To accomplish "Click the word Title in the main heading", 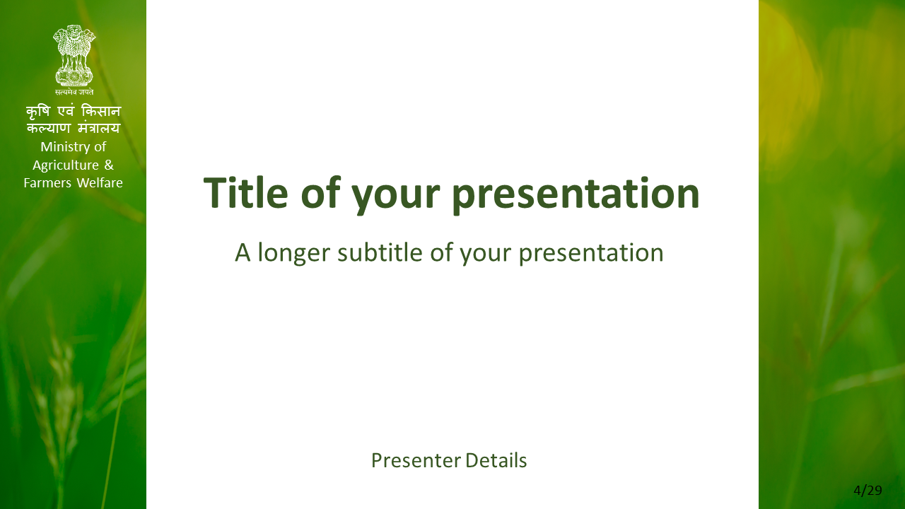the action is (245, 193).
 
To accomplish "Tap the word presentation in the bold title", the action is (576, 196).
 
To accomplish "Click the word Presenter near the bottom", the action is (416, 461).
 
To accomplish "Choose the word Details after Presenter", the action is (496, 460).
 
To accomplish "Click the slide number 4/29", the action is (868, 491).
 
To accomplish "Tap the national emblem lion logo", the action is (74, 55).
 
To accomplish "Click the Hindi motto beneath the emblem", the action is (74, 92).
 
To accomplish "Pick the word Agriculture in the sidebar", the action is (66, 165).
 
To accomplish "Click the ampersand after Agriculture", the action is (109, 165).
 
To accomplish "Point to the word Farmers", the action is (47, 183).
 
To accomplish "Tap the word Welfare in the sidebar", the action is (100, 182).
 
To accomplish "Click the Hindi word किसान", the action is (101, 111).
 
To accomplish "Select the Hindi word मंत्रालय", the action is (99, 128).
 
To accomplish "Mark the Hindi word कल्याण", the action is (49, 129).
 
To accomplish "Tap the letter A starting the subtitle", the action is (243, 252).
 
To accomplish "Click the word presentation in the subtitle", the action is (591, 254).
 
